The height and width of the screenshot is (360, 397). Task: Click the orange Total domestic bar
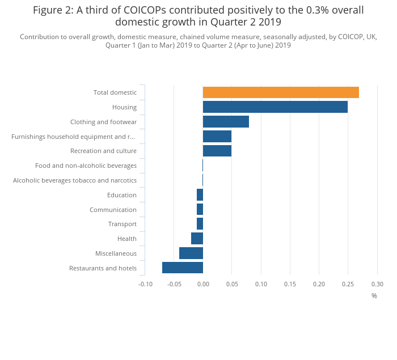point(281,92)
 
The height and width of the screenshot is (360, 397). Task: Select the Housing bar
point(275,107)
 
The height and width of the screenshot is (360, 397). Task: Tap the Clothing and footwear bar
point(226,122)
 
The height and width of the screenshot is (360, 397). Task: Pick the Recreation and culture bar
point(217,151)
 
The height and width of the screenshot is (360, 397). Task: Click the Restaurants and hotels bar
point(183,268)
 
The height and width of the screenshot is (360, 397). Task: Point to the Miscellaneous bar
point(191,253)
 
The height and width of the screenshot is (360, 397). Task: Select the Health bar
point(197,239)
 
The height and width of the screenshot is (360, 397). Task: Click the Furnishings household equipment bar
point(217,136)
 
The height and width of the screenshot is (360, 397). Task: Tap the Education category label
point(122,195)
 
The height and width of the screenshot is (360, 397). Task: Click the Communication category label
point(113,210)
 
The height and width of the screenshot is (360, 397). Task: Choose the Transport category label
point(123,224)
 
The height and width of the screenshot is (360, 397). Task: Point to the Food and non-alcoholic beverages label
point(86,166)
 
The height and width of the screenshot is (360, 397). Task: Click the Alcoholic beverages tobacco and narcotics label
point(75,180)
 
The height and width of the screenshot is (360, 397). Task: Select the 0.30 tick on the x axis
point(377,284)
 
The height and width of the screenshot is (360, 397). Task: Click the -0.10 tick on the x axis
point(145,284)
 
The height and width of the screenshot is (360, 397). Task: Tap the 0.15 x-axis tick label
point(290,284)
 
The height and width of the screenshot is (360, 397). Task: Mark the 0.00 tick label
point(203,284)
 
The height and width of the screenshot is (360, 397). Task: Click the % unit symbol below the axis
point(374,295)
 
